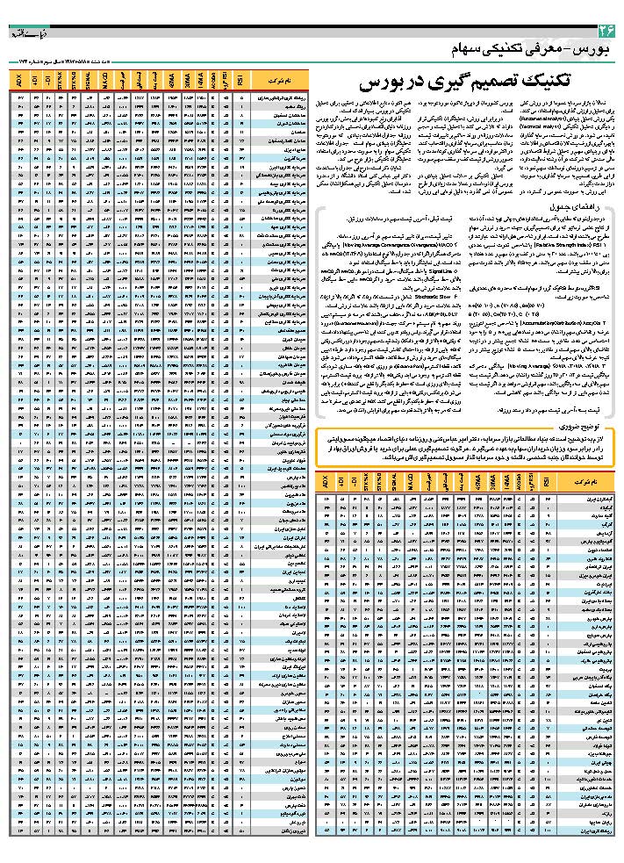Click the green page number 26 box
[606, 30]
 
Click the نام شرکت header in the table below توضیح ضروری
[584, 482]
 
